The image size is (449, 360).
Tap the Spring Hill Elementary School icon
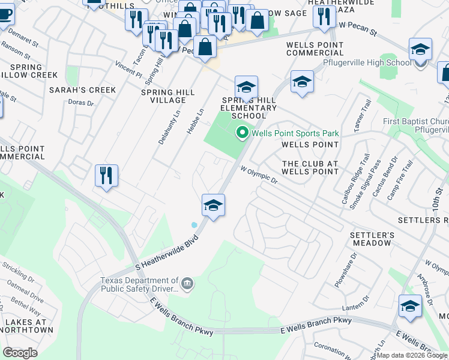246,88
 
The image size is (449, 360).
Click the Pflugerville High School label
367,62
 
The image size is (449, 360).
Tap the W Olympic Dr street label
259,175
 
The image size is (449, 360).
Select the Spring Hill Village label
167,97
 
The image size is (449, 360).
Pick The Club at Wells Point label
310,167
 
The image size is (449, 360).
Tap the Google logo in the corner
20,352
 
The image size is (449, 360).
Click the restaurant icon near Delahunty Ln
107,176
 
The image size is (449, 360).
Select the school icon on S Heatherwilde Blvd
213,206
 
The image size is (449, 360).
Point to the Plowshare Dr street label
346,262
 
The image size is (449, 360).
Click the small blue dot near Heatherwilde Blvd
194,225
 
